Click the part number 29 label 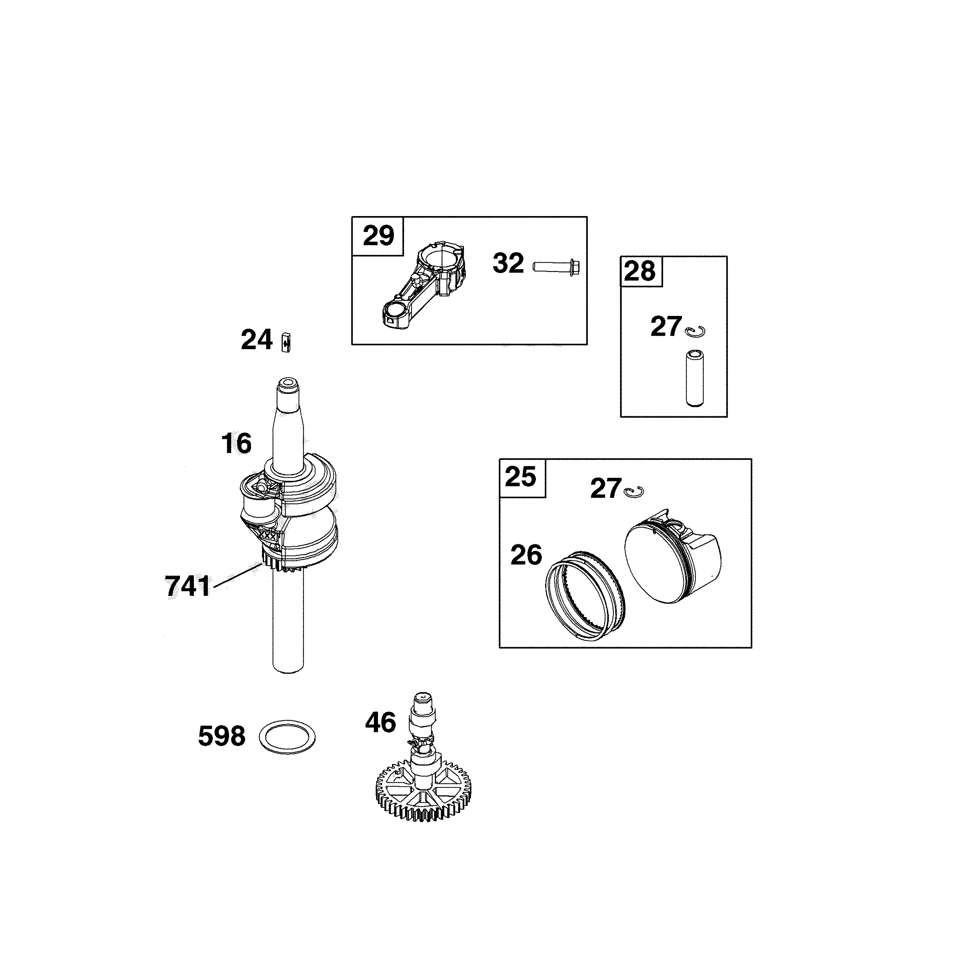point(378,236)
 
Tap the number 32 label point(508,264)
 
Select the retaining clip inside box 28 point(695,331)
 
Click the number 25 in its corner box point(520,477)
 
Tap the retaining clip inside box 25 point(634,491)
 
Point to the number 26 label point(526,555)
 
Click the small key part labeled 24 point(286,341)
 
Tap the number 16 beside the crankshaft point(236,444)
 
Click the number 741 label point(187,587)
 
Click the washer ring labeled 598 point(287,736)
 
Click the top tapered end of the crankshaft point(288,401)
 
